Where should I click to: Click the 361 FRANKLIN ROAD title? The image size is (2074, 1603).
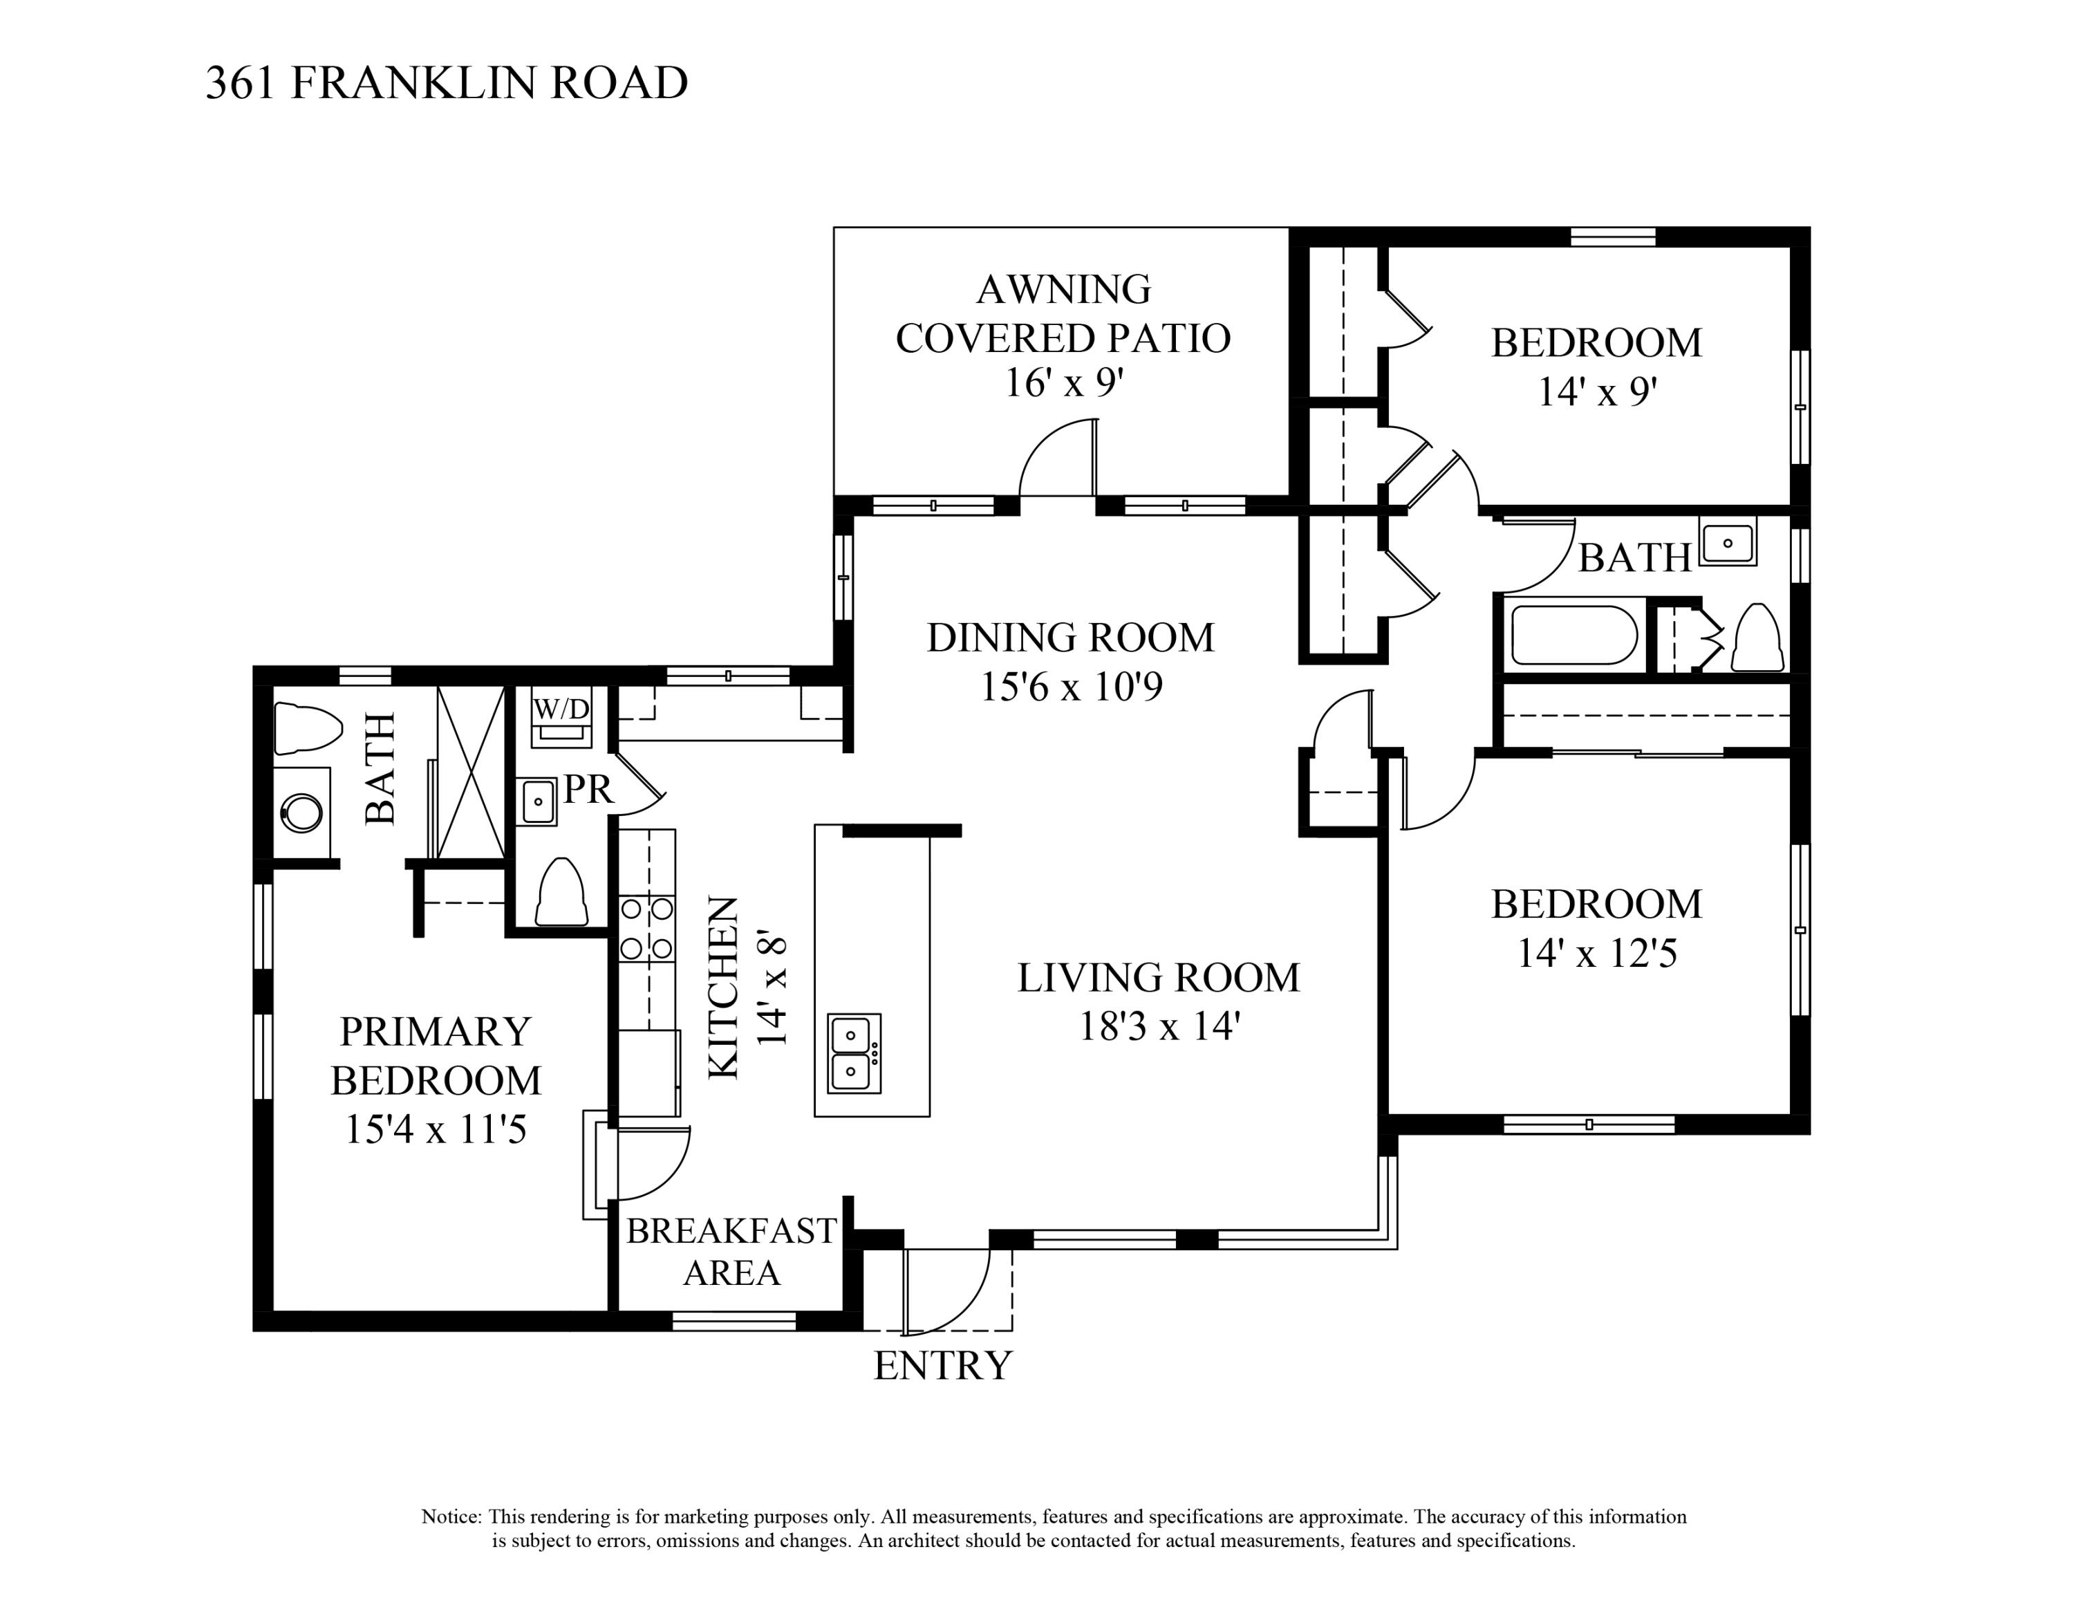point(447,84)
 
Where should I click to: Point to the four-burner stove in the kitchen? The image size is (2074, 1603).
point(646,928)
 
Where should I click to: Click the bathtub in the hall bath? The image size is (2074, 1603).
point(1573,634)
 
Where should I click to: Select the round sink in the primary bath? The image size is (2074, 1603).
point(302,812)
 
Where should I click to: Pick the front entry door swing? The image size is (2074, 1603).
point(948,1292)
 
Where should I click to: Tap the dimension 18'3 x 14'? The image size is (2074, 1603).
point(1159,1026)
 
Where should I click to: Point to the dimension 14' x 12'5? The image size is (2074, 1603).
point(1596,952)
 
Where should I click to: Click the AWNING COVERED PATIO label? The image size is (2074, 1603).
point(1063,313)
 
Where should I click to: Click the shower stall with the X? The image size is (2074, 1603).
point(470,771)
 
